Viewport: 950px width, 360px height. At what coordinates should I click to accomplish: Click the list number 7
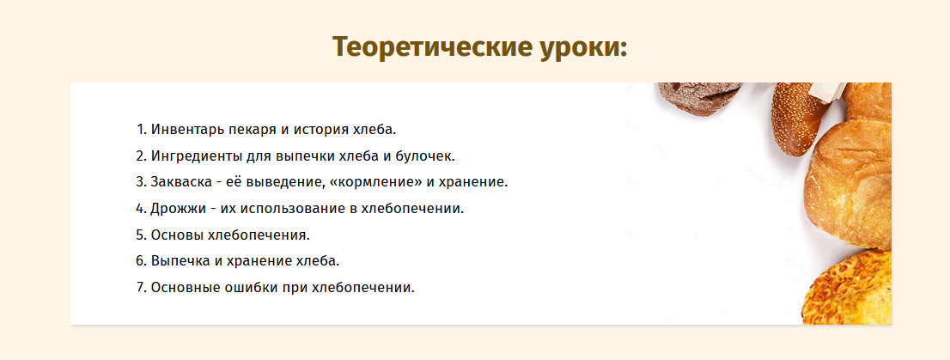(x=141, y=287)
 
